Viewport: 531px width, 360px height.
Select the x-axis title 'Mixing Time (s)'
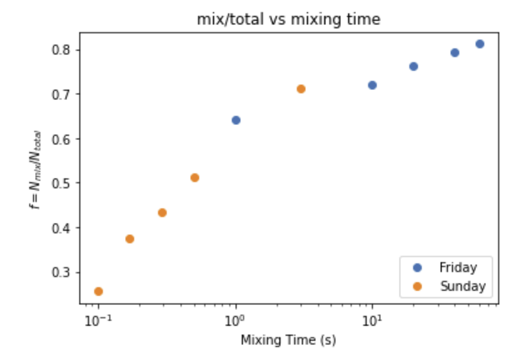click(288, 340)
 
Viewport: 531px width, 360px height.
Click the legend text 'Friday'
click(458, 267)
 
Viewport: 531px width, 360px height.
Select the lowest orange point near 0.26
click(98, 292)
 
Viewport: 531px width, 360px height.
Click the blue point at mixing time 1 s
click(236, 120)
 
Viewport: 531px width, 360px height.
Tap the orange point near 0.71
click(301, 89)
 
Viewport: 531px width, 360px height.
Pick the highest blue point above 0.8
click(479, 44)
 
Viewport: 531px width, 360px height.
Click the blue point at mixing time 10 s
click(373, 85)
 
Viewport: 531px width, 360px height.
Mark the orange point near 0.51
click(194, 177)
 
